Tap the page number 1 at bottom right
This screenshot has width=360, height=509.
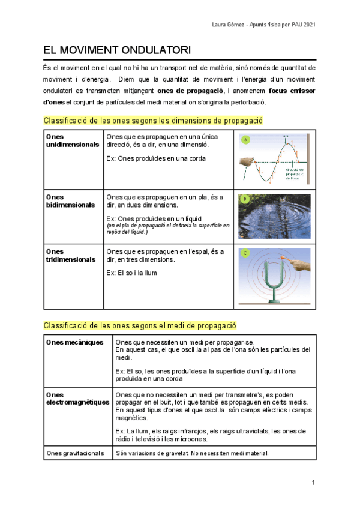pyautogui.click(x=313, y=483)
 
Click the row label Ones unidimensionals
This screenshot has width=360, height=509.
pyautogui.click(x=72, y=140)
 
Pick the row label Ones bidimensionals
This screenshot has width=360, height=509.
pyautogui.click(x=70, y=201)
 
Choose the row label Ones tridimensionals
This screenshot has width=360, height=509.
pyautogui.click(x=70, y=255)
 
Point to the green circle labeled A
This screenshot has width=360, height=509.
pyautogui.click(x=244, y=140)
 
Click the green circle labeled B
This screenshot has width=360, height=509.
pyautogui.click(x=244, y=199)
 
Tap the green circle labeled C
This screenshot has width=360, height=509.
pyautogui.click(x=244, y=253)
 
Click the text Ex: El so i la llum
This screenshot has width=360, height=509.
pyautogui.click(x=131, y=273)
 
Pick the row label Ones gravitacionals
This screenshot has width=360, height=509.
pyautogui.click(x=75, y=453)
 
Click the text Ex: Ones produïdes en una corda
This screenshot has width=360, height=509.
pyautogui.click(x=155, y=158)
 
